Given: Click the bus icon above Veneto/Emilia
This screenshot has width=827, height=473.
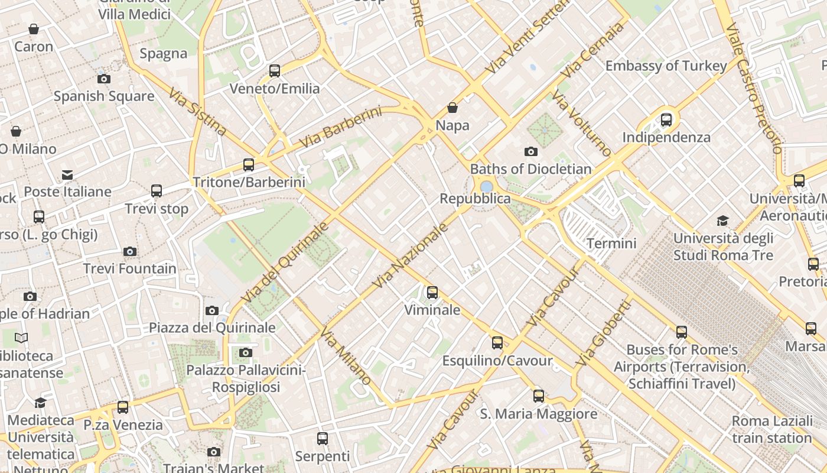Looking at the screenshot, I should (x=275, y=71).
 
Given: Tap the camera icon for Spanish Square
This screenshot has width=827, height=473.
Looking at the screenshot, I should (x=104, y=79).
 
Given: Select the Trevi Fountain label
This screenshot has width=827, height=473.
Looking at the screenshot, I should (x=130, y=268).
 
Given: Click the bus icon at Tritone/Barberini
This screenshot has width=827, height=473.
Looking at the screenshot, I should (x=249, y=164).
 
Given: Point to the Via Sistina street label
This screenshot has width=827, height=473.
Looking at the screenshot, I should (x=197, y=112).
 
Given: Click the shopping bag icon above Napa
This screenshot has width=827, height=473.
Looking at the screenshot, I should (x=452, y=108).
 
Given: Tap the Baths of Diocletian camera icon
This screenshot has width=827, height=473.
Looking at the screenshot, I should (x=531, y=152).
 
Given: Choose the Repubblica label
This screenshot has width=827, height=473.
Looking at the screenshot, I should (x=475, y=199).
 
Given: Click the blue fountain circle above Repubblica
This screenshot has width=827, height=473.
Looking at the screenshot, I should (x=487, y=187).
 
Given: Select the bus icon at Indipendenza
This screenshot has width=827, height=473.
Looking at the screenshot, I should (x=666, y=120).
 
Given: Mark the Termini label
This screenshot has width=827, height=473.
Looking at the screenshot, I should (x=611, y=243).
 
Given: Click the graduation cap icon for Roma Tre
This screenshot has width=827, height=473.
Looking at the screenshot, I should (x=722, y=221).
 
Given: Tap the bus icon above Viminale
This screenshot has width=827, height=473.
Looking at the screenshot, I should (x=432, y=292).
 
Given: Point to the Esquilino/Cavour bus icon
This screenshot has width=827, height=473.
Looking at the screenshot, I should (x=497, y=342).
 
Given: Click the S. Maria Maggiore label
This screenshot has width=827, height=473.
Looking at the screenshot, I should (x=539, y=414).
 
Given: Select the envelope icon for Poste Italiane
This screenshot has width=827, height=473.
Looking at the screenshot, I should (x=67, y=174).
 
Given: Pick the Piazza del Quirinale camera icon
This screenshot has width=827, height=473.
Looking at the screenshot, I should (x=212, y=310).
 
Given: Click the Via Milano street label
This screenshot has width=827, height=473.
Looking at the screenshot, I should (x=346, y=355).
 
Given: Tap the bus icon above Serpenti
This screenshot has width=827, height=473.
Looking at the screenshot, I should (x=323, y=439).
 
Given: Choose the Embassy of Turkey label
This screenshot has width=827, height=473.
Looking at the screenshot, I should (x=666, y=66).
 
